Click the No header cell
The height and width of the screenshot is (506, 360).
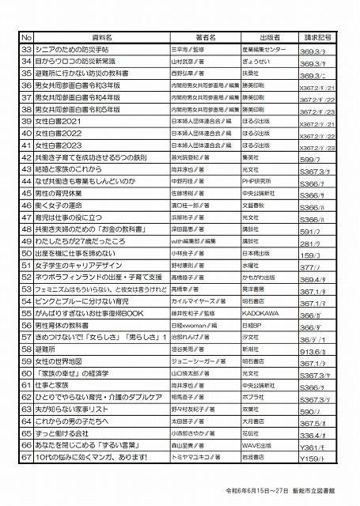tap(25, 37)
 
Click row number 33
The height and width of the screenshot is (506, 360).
tap(25, 49)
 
